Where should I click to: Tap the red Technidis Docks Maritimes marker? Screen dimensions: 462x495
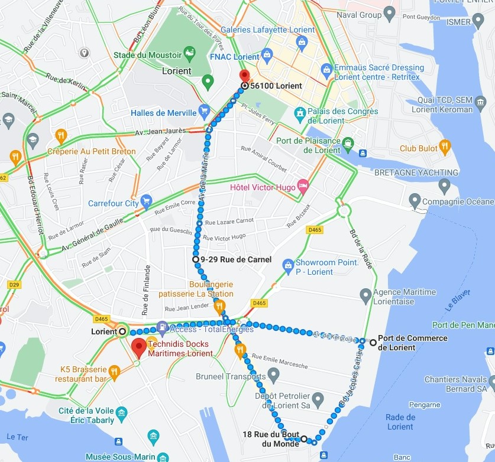(139, 347)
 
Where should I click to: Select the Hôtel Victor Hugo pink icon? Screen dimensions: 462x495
(303, 186)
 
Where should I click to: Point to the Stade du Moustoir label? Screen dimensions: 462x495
(147, 56)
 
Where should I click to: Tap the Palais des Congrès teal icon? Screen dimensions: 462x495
(300, 112)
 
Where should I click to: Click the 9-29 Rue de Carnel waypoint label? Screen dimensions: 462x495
(235, 259)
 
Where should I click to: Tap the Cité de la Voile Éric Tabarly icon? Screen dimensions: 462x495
(121, 412)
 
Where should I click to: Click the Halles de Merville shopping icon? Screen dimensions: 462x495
(204, 110)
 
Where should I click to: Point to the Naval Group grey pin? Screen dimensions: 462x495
(389, 12)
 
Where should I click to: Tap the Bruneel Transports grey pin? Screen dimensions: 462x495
(273, 373)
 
